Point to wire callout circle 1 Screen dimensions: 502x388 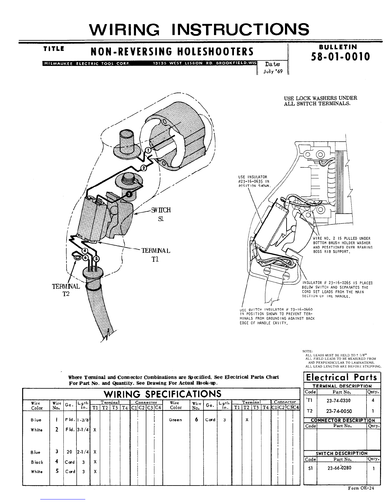[148, 150]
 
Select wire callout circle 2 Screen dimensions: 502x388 [143, 168]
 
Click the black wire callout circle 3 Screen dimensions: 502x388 [129, 194]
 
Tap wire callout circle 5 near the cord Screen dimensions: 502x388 [96, 258]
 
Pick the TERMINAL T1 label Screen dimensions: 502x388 [156, 254]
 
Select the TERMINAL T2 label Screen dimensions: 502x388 [66, 290]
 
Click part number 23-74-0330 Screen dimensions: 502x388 [339, 400]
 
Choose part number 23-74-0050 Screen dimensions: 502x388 [339, 411]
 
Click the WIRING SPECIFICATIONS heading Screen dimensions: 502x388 [162, 394]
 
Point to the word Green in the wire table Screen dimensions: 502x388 [175, 420]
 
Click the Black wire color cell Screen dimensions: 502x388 [37, 462]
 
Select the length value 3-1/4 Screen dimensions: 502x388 [83, 430]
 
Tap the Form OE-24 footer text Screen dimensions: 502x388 [361, 488]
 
